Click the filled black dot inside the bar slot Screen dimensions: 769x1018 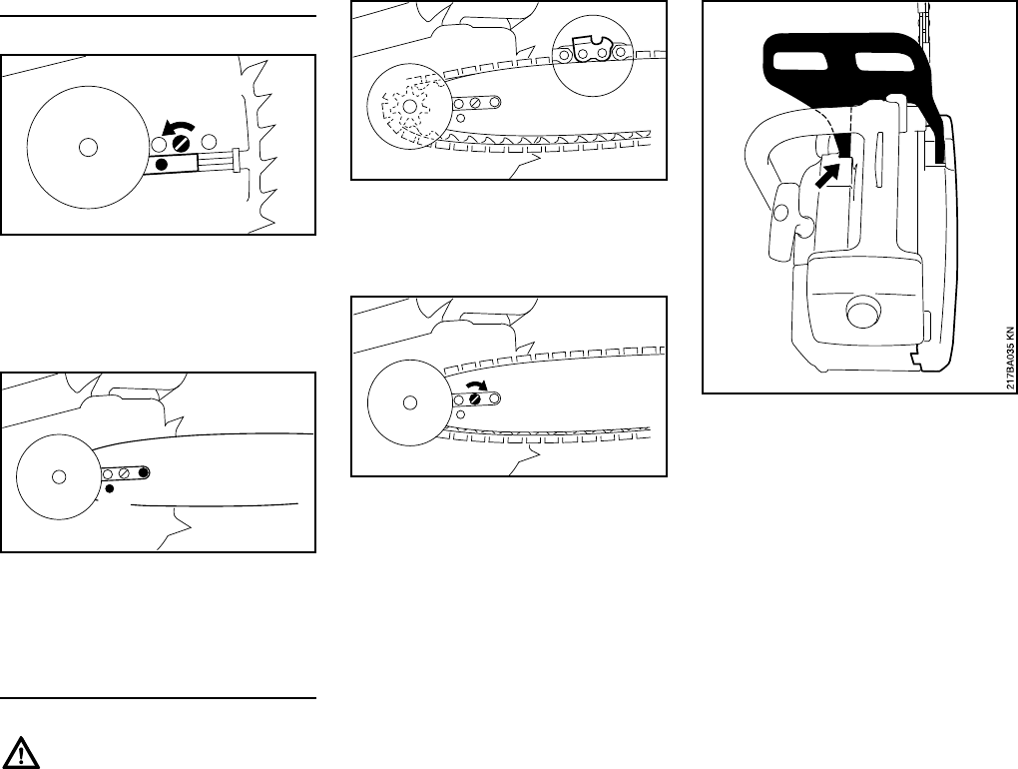click(144, 472)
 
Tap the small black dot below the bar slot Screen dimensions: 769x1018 click(110, 489)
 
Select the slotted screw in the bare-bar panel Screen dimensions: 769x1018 click(126, 472)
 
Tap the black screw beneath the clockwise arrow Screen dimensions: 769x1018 click(476, 398)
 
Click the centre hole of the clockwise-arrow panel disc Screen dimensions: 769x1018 click(408, 402)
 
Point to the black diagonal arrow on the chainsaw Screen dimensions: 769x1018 click(827, 181)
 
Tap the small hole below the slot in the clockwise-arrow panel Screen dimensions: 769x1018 click(460, 412)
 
